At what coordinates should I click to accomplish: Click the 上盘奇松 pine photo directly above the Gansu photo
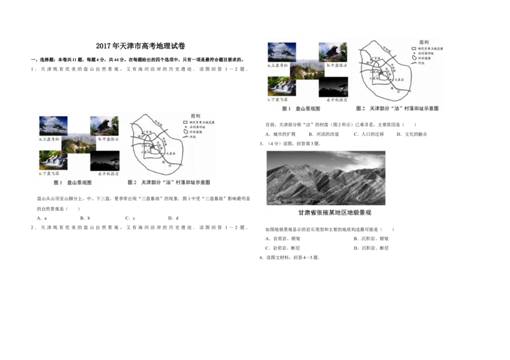coord(281,52)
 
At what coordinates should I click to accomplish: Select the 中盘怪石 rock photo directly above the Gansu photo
coord(333,52)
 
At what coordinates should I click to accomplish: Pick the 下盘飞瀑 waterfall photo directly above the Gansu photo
coord(281,86)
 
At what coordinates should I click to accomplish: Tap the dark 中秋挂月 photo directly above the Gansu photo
coord(333,87)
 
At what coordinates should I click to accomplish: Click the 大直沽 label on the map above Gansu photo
coord(400,80)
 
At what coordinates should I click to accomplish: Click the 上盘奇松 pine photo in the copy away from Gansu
coord(53,125)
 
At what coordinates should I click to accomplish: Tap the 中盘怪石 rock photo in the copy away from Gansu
coord(105,125)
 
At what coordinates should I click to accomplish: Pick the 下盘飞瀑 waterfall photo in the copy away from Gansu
coord(53,159)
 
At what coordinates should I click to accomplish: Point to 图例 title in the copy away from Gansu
coord(196,116)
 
